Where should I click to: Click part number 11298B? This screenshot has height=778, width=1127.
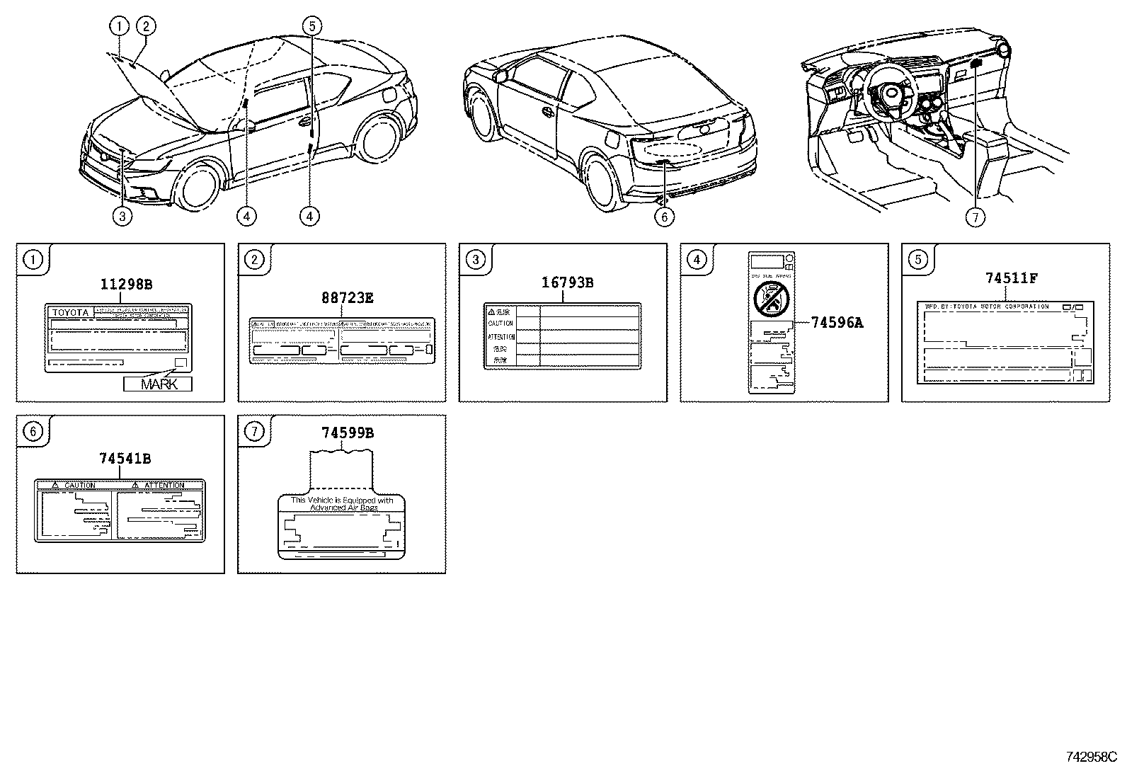click(126, 285)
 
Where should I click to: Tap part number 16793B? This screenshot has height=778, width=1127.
click(567, 283)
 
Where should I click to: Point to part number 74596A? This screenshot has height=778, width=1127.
click(837, 323)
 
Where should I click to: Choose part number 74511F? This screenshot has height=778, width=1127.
click(1011, 278)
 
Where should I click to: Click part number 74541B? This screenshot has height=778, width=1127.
click(125, 459)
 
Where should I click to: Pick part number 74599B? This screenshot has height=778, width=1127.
click(347, 433)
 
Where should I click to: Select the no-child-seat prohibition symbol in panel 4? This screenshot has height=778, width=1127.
click(772, 297)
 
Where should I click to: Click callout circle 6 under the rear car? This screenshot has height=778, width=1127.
click(664, 217)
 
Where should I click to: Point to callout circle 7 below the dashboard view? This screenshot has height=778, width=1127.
click(976, 217)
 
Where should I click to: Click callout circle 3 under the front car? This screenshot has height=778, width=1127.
click(122, 216)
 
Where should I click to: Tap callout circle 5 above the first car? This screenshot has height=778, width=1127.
click(311, 26)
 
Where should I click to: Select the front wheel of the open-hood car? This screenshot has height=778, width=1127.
click(196, 186)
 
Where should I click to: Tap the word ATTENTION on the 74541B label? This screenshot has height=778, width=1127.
click(164, 486)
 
